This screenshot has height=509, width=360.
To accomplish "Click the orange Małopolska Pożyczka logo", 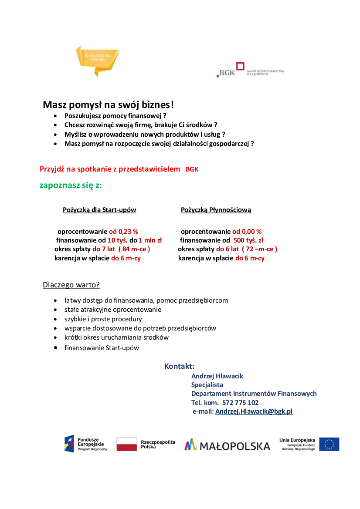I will click(97, 60).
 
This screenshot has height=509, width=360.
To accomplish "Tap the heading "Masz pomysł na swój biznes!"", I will click(109, 105).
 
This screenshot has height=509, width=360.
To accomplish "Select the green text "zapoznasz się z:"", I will click(71, 185).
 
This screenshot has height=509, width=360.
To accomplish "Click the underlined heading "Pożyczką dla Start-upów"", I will click(99, 210).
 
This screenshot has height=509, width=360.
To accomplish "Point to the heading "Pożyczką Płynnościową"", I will click(216, 210).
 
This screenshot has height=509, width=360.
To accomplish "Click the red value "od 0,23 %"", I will click(123, 232).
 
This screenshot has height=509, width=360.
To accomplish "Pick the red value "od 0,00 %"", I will click(247, 232).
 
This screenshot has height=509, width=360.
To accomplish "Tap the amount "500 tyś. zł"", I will click(248, 240).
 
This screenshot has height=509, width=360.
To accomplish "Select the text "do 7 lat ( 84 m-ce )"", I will click(121, 249).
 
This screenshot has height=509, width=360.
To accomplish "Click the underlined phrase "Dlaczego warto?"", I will click(71, 285).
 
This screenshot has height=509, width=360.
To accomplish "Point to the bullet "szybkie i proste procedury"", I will click(103, 319).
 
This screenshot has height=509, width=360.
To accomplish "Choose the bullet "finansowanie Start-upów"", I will click(102, 348).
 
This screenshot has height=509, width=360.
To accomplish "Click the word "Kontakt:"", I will click(179, 366).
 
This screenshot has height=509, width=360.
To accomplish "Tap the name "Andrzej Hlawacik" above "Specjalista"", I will click(217, 376).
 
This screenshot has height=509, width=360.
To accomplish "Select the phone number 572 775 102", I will click(240, 403).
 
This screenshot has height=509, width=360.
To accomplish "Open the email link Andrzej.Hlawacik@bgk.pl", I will click(254, 411).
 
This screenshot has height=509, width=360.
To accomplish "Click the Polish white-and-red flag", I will click(127, 444).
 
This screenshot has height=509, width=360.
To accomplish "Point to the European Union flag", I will click(329, 444).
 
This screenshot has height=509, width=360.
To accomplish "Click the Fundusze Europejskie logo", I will click(85, 444).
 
